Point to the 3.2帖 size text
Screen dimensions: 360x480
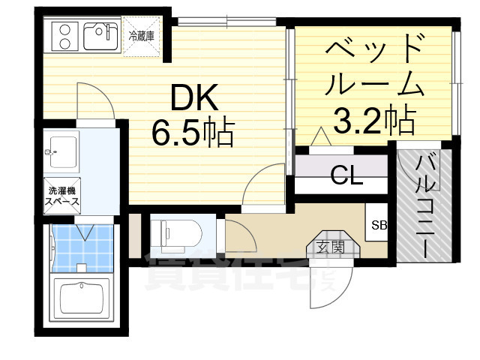[374, 118]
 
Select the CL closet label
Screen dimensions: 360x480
[346, 178]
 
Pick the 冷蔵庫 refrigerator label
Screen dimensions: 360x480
[142, 35]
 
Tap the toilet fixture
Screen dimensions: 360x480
[174, 232]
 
